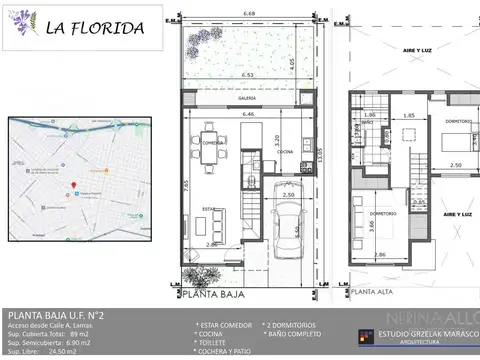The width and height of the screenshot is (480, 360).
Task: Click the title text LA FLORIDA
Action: [x=94, y=28]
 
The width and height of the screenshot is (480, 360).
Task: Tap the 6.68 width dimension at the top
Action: [x=249, y=14]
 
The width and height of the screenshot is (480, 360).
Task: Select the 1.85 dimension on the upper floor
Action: [x=409, y=115]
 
